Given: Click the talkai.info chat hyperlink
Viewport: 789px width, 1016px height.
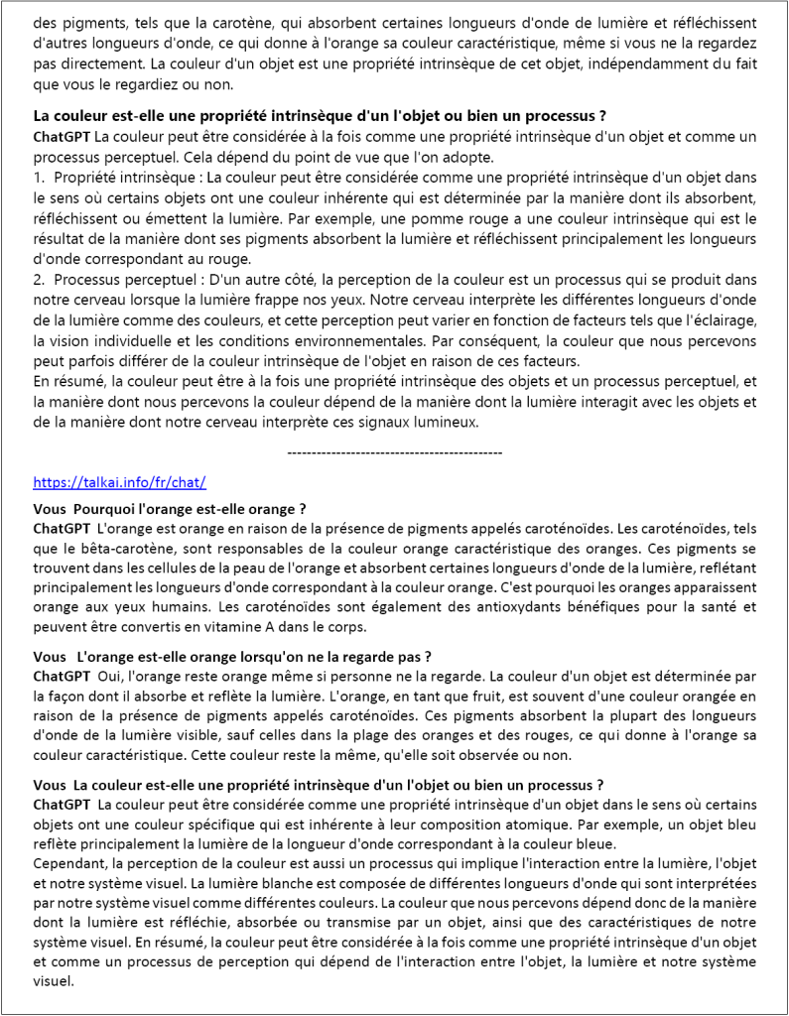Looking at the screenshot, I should (119, 482).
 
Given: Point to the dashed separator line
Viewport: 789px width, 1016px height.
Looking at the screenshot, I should (394, 452).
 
